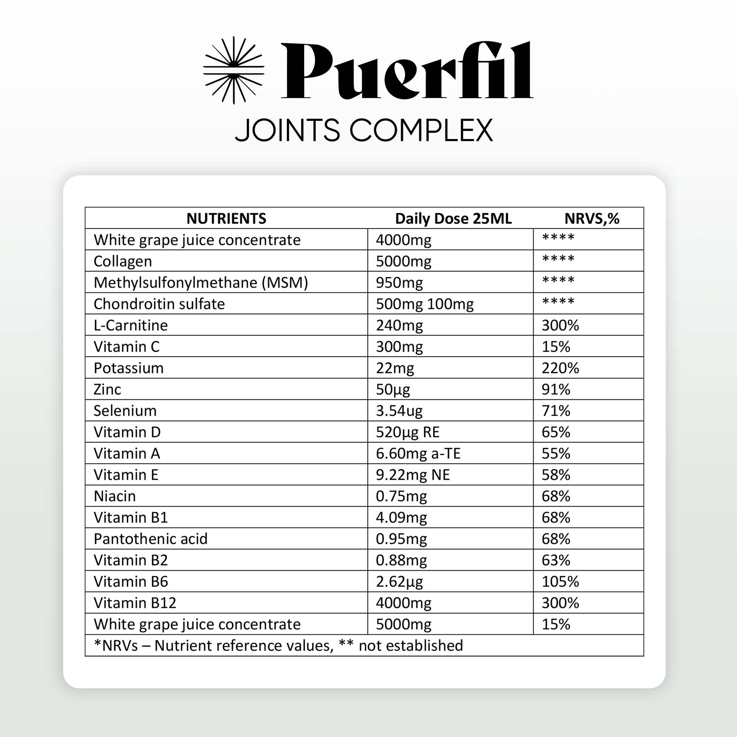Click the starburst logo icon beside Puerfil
233,70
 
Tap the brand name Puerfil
407,71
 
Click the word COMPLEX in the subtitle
421,130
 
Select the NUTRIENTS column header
226,219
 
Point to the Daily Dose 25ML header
453,219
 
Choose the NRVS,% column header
592,219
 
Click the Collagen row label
123,261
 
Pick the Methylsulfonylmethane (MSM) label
201,283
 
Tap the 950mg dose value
400,283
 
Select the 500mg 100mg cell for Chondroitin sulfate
425,304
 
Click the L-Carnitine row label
131,325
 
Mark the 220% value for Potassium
560,368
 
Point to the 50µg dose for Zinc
393,389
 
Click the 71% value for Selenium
556,411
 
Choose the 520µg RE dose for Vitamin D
408,432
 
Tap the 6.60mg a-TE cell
418,454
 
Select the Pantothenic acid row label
151,539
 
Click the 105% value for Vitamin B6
560,582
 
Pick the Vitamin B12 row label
135,603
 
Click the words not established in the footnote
411,646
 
